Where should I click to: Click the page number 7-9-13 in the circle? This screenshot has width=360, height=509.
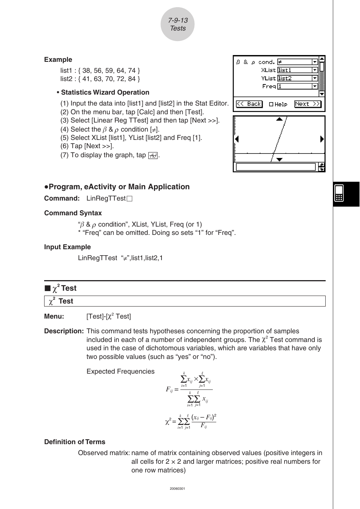pos(178,20)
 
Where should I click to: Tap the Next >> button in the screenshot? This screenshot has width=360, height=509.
pos(307,104)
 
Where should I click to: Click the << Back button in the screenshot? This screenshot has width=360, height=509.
pos(249,104)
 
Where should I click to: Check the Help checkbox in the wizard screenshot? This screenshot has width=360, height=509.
pos(271,104)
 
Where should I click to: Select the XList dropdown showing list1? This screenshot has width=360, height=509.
pos(297,70)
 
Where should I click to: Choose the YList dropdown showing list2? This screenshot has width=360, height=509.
pos(297,78)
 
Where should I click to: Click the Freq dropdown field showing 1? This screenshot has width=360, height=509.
pos(297,86)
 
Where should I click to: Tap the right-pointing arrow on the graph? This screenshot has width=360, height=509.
pos(322,139)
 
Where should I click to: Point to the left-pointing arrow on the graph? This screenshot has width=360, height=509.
pos(237,139)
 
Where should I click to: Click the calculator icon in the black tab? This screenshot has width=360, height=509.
pos(339,193)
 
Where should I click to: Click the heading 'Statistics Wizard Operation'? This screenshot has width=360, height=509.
pos(105,92)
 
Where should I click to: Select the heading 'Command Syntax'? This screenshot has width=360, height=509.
pos(73,213)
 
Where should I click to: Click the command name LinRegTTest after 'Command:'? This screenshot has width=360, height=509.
pos(106,198)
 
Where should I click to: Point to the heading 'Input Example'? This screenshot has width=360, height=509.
pos(68,247)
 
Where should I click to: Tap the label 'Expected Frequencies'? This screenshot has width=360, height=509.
pos(120,371)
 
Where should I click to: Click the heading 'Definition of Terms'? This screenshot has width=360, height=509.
pos(75,442)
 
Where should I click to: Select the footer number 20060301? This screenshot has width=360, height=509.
pos(177,489)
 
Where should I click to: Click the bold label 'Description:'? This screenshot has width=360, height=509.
pos(64,331)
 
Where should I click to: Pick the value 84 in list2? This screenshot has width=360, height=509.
pos(132,79)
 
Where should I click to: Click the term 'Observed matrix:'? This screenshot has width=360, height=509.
pos(104,453)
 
